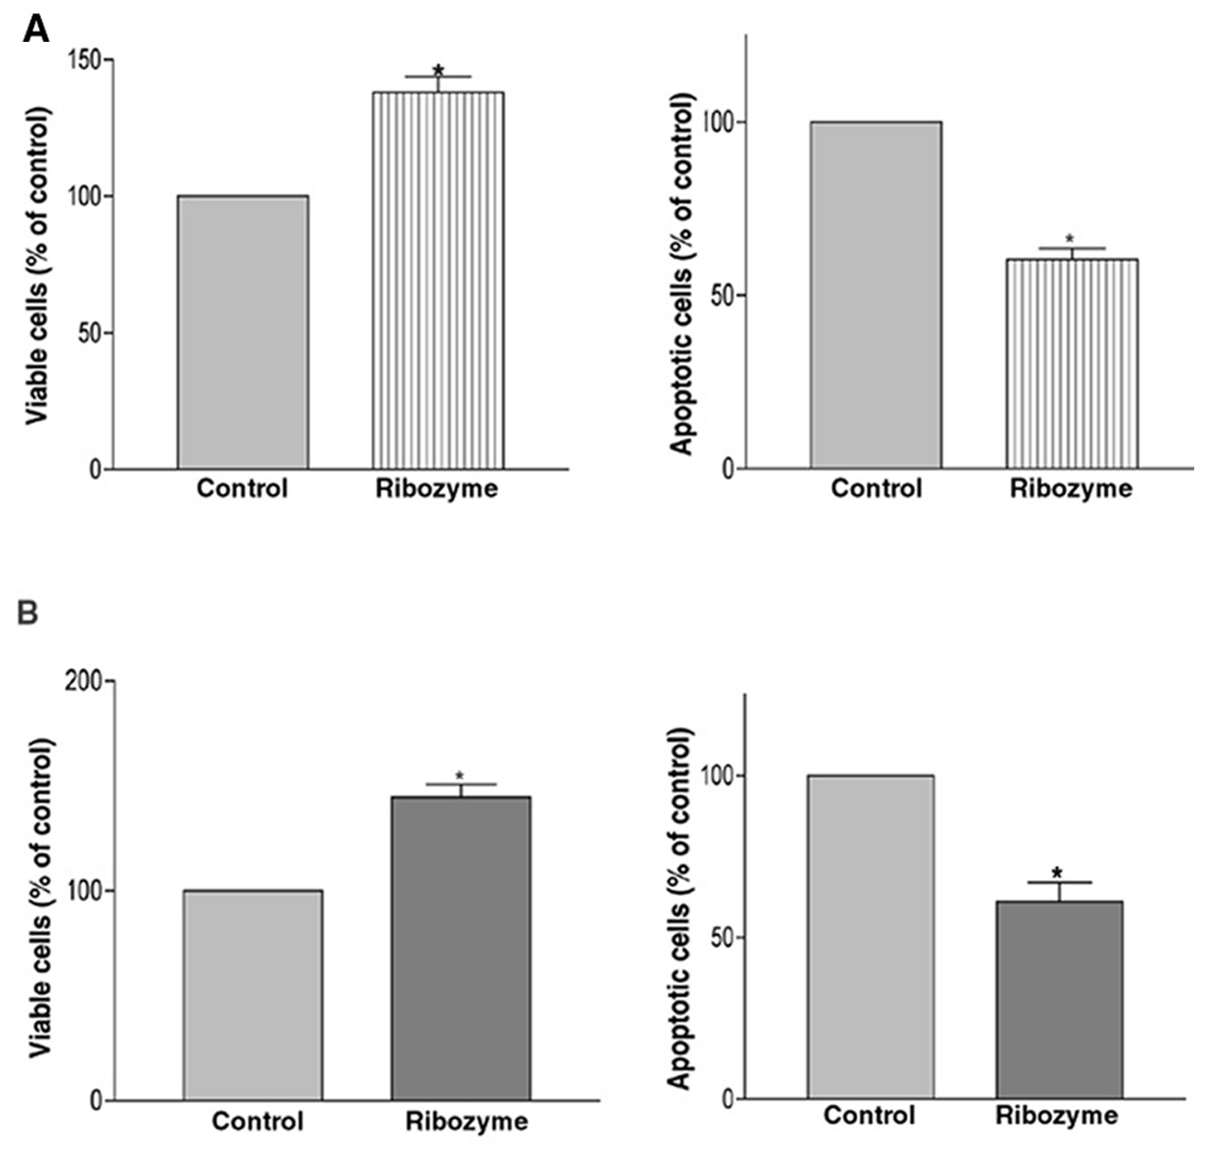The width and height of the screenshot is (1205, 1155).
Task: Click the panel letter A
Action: point(36,29)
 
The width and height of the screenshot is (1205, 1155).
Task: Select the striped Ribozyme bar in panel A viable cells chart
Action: point(437,280)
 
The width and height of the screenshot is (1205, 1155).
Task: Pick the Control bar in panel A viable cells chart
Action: point(244,333)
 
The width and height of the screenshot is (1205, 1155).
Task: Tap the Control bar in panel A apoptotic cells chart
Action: point(877,295)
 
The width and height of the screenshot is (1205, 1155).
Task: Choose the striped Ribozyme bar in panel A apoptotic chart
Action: point(1072,363)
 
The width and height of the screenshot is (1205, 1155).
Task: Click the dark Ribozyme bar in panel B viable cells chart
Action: point(461,948)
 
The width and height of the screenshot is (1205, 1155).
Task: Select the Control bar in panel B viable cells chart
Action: point(253,995)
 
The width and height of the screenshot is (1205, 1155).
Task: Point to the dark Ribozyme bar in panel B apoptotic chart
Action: point(1060,1001)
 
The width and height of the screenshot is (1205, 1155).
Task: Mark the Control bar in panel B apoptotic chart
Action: point(870,937)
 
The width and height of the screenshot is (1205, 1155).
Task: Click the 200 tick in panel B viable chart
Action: point(89,681)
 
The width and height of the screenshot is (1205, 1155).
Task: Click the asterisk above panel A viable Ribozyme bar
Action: point(438,70)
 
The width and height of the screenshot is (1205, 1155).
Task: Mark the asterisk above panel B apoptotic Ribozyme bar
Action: point(1057,873)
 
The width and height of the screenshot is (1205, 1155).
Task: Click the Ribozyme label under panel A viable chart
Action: point(437,489)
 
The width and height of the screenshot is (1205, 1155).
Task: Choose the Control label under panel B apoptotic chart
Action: point(869,1116)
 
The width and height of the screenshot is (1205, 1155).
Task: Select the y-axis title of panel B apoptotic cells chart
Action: point(679,910)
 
